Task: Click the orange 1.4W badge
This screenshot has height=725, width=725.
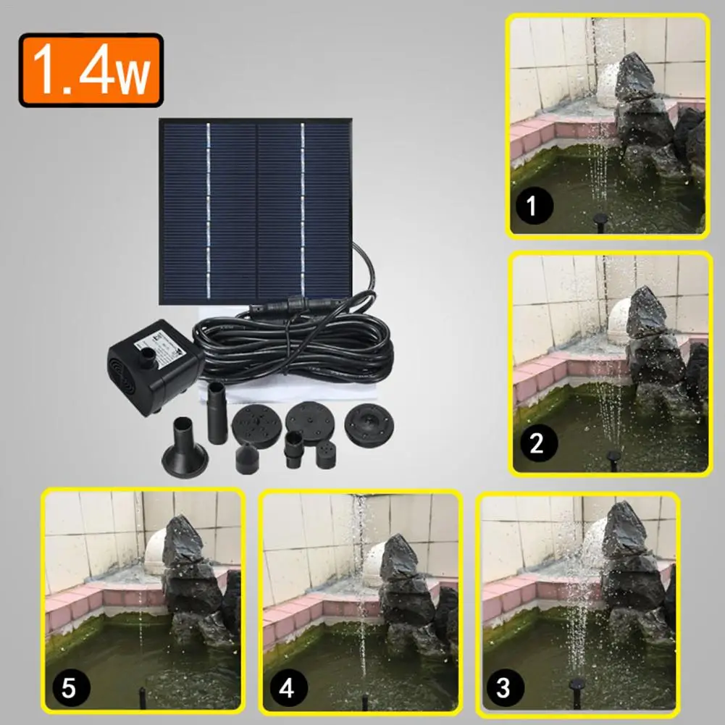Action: [x=91, y=70]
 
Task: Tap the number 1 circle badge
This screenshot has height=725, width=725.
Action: [x=535, y=205]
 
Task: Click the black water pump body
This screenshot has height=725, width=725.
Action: [x=155, y=366]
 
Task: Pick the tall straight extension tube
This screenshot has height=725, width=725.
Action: [x=217, y=412]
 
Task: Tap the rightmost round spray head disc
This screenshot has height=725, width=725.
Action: [x=369, y=425]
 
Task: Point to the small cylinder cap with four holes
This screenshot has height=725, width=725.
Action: [x=326, y=455]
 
